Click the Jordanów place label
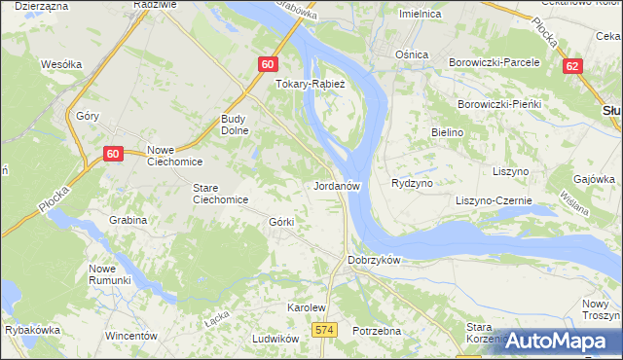click(338, 185)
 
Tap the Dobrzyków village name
click(375, 261)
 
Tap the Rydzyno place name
click(412, 183)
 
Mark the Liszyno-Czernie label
click(494, 200)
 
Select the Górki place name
click(281, 222)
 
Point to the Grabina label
click(128, 220)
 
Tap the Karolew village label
click(305, 307)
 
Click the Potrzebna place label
click(377, 331)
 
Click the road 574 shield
click(325, 331)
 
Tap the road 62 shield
click(572, 65)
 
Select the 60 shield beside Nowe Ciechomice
click(113, 154)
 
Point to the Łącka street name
click(216, 318)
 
